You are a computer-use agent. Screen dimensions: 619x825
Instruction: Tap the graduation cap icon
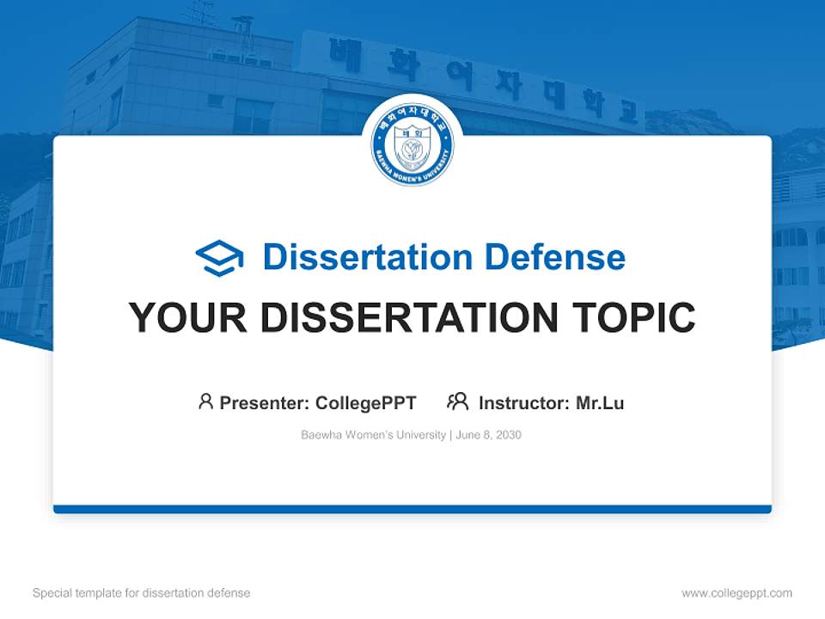coord(219,258)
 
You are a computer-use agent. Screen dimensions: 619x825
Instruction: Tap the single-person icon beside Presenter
coord(205,401)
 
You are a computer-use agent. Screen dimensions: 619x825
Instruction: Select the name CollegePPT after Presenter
coord(366,402)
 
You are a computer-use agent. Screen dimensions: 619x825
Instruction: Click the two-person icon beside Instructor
coord(457,401)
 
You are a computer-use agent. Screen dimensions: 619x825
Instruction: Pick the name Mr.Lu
coord(600,402)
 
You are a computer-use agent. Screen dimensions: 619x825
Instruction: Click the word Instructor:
coord(523,402)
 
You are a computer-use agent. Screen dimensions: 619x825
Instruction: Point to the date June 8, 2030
coord(489,435)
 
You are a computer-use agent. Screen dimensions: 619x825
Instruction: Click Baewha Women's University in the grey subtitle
coord(373,435)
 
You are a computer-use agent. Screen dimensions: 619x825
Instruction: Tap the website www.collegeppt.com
coord(736,593)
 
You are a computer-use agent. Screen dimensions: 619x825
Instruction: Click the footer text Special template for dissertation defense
coord(142,593)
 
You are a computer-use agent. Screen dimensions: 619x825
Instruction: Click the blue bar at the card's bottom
coord(412,509)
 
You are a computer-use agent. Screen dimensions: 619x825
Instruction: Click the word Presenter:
coord(265,402)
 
